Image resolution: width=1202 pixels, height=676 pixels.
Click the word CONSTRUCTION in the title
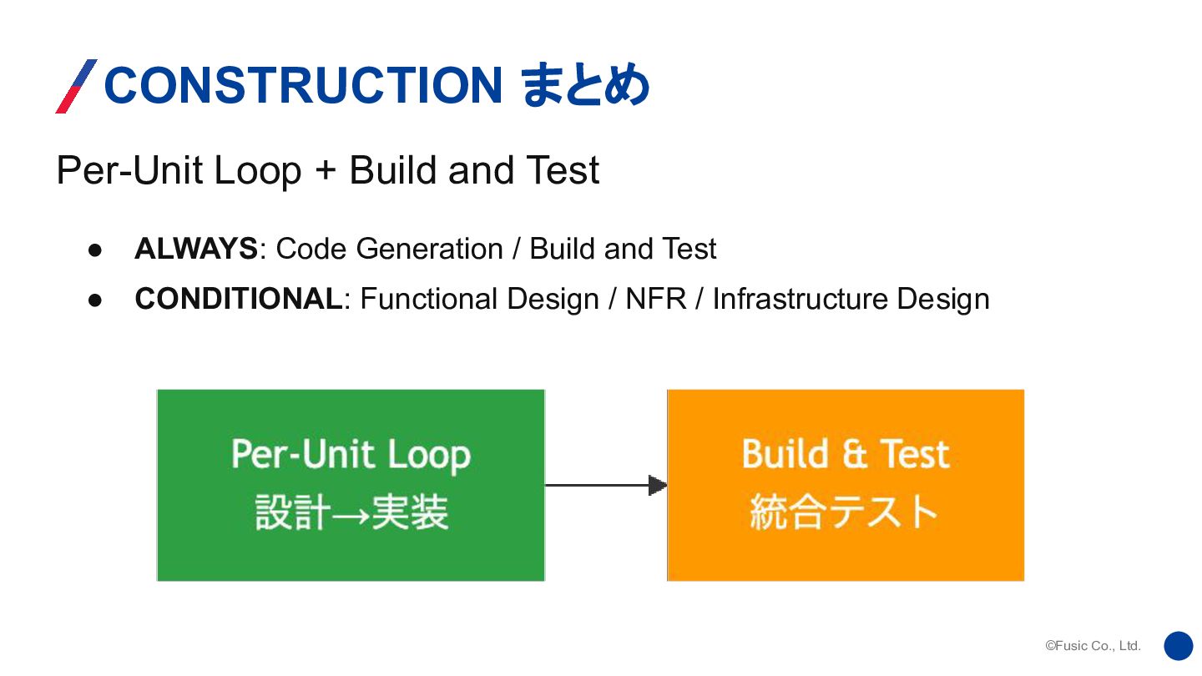[x=302, y=86]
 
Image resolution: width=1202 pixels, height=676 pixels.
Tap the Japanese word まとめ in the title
[x=585, y=86]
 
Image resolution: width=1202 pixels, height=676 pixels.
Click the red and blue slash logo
[x=76, y=86]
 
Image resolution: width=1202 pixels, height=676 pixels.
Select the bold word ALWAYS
[x=196, y=249]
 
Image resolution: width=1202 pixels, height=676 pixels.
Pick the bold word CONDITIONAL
[x=239, y=299]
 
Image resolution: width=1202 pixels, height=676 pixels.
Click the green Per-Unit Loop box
[x=351, y=485]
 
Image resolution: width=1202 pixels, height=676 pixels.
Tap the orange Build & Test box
[x=846, y=485]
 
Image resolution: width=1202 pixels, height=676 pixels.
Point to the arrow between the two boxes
[x=605, y=485]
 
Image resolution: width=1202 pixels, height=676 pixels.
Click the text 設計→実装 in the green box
[x=351, y=512]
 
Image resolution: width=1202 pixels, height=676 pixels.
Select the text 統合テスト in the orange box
[x=844, y=512]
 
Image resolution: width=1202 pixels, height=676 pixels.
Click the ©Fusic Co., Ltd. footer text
[x=1093, y=646]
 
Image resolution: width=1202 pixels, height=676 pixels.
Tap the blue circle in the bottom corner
[x=1179, y=646]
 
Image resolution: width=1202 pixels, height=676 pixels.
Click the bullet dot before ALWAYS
[x=95, y=250]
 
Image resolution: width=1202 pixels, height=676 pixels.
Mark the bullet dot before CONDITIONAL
[x=95, y=300]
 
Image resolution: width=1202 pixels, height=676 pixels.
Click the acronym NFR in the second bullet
[x=655, y=299]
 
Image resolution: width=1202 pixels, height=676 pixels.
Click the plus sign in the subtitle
[x=326, y=171]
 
